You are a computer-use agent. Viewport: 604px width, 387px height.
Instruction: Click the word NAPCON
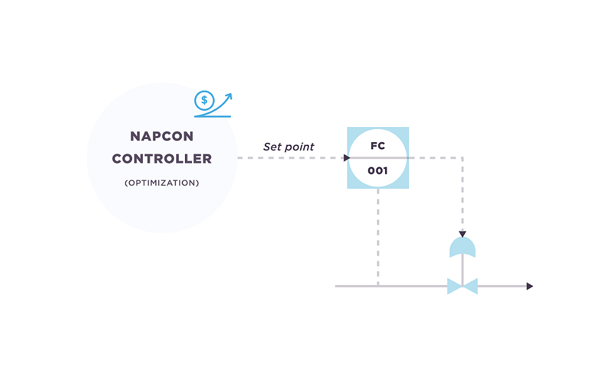[x=162, y=137]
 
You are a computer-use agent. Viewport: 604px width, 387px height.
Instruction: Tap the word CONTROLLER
[x=162, y=159]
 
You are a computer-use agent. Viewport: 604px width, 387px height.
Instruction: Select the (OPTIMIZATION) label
[x=162, y=182]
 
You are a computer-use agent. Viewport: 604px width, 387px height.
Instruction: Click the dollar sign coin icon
[x=204, y=101]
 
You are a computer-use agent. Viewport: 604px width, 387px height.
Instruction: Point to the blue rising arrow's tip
[x=231, y=94]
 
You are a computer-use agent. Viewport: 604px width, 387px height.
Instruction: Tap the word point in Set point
[x=299, y=147]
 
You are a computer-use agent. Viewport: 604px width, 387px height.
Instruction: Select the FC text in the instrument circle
[x=377, y=146]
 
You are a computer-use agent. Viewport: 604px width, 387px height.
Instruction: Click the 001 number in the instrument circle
[x=377, y=171]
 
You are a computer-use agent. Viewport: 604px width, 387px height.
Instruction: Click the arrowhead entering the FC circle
[x=347, y=158]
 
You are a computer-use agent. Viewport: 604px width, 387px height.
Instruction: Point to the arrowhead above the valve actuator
[x=462, y=234]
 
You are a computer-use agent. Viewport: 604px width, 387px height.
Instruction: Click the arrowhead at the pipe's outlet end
[x=530, y=286]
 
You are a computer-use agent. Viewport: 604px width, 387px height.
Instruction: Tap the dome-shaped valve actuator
[x=462, y=247]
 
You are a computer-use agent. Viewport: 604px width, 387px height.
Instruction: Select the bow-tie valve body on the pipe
[x=462, y=286]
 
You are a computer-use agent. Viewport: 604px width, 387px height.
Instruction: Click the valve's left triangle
[x=454, y=286]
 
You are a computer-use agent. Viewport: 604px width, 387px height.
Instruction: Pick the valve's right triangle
[x=471, y=286]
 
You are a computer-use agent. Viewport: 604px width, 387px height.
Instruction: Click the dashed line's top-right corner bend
[x=462, y=158]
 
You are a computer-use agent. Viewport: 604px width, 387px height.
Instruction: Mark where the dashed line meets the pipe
[x=378, y=286]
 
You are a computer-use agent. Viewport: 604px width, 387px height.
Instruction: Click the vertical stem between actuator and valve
[x=462, y=269]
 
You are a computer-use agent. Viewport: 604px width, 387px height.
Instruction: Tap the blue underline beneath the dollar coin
[x=213, y=116]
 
